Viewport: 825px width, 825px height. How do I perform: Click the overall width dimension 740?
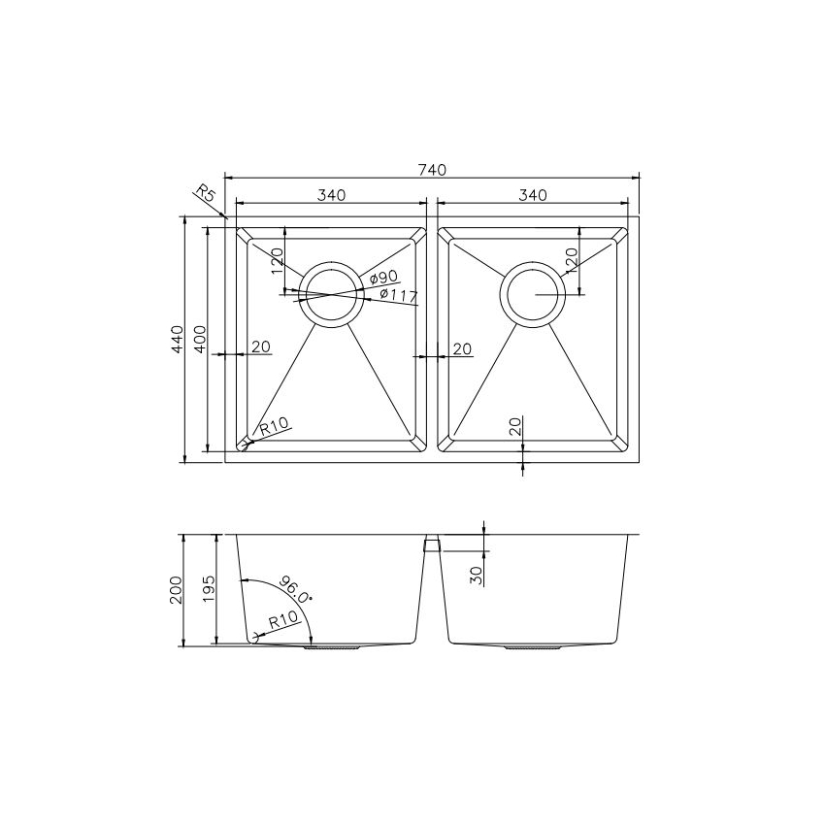pos(432,169)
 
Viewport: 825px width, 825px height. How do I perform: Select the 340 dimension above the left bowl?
pos(331,195)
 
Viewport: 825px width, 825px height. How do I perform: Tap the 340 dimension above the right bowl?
pos(533,195)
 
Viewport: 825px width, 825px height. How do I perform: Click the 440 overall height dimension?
pos(177,339)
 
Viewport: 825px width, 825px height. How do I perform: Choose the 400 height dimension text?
pos(199,339)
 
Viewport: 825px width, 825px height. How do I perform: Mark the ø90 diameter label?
pos(383,279)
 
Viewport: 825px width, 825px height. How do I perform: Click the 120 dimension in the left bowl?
pos(277,259)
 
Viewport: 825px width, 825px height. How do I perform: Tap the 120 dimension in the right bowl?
pos(572,259)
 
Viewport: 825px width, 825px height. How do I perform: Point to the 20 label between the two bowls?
pos(462,348)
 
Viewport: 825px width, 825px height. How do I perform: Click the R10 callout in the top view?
pos(275,426)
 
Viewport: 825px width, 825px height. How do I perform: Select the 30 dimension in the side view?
pos(476,574)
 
